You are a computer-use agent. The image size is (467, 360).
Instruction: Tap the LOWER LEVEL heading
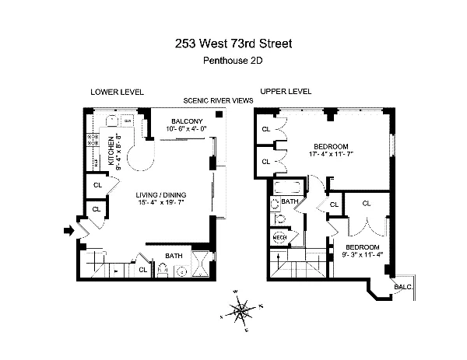tap(117, 92)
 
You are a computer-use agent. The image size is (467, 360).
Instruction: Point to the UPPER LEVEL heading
tap(286, 92)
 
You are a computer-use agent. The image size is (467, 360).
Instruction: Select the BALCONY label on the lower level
tap(186, 121)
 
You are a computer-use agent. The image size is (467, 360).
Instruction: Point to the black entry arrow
tap(68, 230)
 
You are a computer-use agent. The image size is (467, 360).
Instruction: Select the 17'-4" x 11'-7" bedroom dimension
tap(332, 155)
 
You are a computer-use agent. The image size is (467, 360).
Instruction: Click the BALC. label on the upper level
tap(403, 287)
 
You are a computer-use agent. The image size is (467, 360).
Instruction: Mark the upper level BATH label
tap(290, 202)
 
